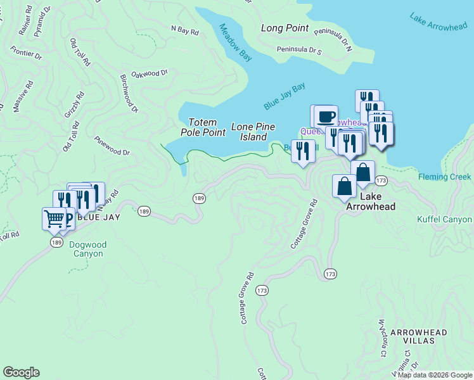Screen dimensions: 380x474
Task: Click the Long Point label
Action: (x=285, y=28)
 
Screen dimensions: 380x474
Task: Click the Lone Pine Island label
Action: (x=253, y=132)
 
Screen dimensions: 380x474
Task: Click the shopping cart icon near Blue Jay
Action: (x=54, y=218)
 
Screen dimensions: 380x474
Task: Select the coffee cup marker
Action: (x=326, y=116)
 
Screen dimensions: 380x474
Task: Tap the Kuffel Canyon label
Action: (x=444, y=220)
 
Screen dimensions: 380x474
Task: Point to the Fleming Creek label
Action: (x=445, y=177)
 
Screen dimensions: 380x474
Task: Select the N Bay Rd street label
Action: (x=185, y=29)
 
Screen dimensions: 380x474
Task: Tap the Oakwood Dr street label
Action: (x=149, y=74)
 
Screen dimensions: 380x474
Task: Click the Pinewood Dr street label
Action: (x=112, y=145)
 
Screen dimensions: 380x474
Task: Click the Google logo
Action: (x=21, y=372)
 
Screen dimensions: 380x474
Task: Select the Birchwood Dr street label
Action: (x=129, y=93)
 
